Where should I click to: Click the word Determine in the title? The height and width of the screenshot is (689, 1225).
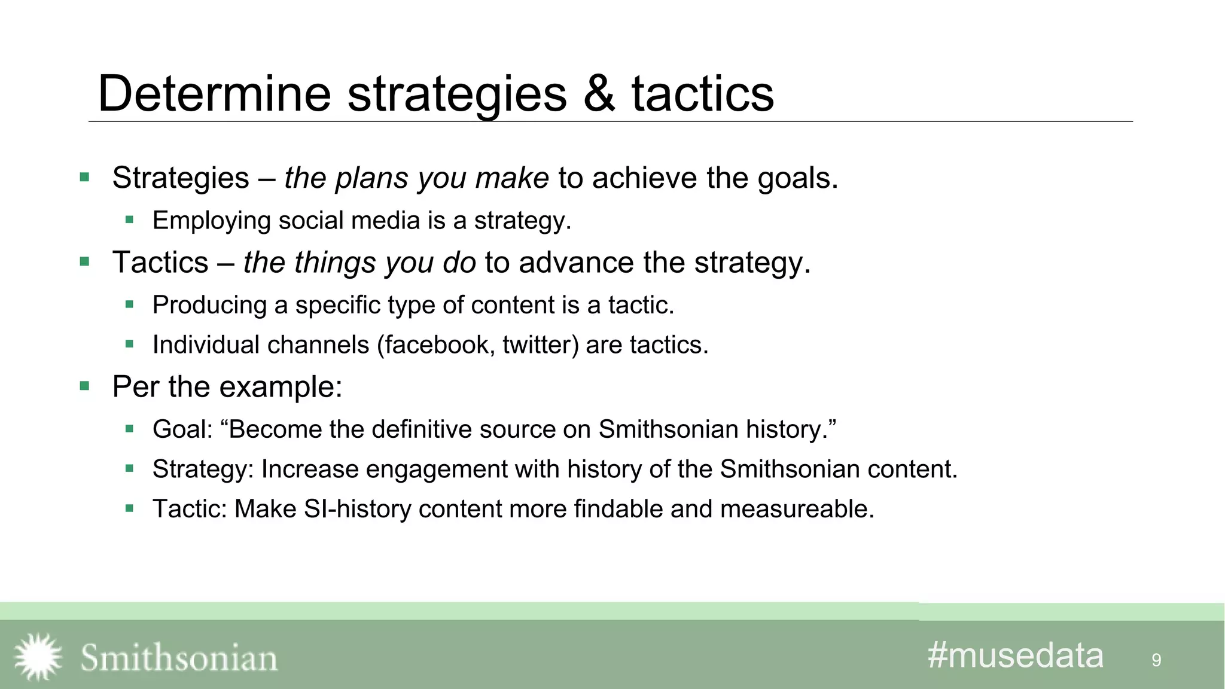(214, 93)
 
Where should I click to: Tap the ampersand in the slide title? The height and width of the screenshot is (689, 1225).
(599, 93)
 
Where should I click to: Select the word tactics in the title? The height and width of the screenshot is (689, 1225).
(702, 93)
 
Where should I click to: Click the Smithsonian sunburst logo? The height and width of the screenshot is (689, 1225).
(38, 657)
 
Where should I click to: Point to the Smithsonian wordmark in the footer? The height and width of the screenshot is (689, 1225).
(179, 658)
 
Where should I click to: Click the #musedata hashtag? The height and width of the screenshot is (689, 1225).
(1015, 655)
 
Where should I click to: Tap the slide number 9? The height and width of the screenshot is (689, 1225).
(1156, 660)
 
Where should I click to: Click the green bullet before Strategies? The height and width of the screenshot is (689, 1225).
(84, 178)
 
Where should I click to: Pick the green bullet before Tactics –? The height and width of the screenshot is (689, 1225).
(84, 262)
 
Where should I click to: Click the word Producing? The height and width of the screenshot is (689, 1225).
(209, 305)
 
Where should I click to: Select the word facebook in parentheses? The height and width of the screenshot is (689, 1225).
(436, 345)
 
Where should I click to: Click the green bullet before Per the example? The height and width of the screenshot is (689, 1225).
(84, 386)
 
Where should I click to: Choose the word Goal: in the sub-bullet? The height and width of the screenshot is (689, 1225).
(182, 429)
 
